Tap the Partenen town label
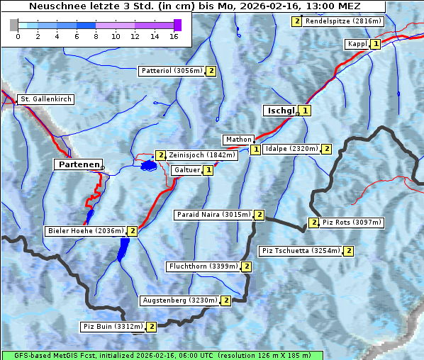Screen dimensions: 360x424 pyautogui.click(x=77, y=164)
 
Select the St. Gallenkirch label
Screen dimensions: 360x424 pyautogui.click(x=45, y=99)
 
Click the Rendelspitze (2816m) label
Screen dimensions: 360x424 pyautogui.click(x=343, y=21)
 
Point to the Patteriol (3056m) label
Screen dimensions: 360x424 pyautogui.click(x=171, y=71)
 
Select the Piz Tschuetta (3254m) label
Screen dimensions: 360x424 pyautogui.click(x=301, y=251)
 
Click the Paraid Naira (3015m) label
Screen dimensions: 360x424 pyautogui.click(x=213, y=215)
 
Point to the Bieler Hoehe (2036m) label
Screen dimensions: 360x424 pyautogui.click(x=84, y=231)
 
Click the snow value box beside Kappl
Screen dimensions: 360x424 pyautogui.click(x=376, y=44)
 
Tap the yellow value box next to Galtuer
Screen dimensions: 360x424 pyautogui.click(x=208, y=170)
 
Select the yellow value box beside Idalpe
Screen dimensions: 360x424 pyautogui.click(x=326, y=149)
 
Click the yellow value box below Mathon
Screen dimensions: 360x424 pyautogui.click(x=255, y=150)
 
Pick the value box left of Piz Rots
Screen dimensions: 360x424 pyautogui.click(x=313, y=223)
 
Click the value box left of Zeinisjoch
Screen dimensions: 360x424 pyautogui.click(x=160, y=155)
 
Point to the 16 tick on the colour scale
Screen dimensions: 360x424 pyautogui.click(x=174, y=35)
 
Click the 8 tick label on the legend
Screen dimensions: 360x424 pyautogui.click(x=96, y=35)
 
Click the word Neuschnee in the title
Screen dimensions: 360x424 pyautogui.click(x=53, y=6)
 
